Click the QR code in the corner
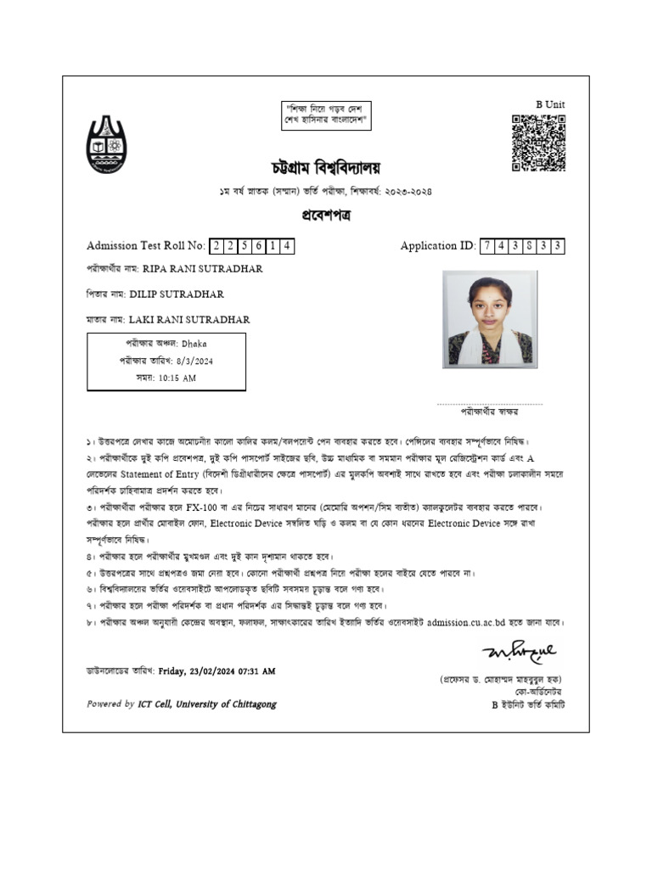tap(538, 143)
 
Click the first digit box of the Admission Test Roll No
tap(216, 246)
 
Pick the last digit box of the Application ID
tap(557, 246)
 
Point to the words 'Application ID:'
tap(438, 246)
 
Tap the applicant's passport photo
tap(490, 319)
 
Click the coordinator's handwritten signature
tap(519, 652)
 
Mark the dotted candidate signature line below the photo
tap(489, 405)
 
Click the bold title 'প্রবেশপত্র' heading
tap(325, 216)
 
